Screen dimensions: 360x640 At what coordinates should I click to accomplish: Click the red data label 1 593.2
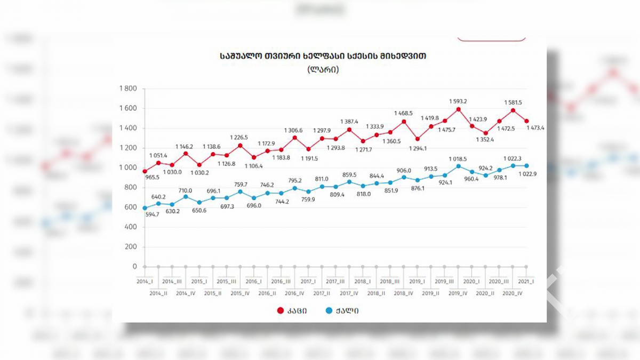(x=458, y=101)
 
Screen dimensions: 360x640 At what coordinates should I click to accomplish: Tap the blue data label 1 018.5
(x=458, y=159)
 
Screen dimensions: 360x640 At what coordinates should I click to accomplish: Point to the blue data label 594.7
(x=151, y=214)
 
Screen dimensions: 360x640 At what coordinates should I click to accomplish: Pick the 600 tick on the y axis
(x=130, y=207)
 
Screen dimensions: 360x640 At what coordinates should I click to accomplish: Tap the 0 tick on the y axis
(x=134, y=267)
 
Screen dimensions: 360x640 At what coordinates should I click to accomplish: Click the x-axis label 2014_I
(x=145, y=281)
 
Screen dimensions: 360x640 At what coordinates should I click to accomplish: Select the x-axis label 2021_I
(x=526, y=281)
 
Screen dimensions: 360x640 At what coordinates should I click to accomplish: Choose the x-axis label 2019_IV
(x=458, y=293)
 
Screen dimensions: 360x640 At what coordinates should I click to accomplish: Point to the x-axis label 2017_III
(x=335, y=281)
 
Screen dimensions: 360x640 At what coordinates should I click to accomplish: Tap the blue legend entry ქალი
(x=341, y=311)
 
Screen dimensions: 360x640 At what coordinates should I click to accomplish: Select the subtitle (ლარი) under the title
(x=323, y=69)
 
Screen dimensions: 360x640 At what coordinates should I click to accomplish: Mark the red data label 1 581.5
(x=513, y=102)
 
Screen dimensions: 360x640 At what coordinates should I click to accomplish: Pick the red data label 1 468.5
(x=404, y=114)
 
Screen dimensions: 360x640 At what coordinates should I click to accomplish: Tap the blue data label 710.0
(x=186, y=190)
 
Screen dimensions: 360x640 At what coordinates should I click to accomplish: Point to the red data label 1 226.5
(x=239, y=138)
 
